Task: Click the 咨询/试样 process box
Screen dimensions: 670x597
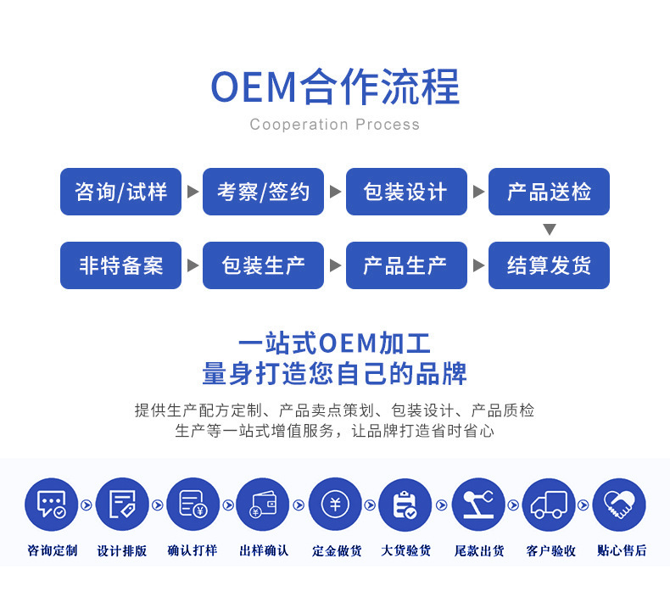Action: pyautogui.click(x=120, y=192)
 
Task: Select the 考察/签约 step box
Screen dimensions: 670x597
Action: pyautogui.click(x=264, y=192)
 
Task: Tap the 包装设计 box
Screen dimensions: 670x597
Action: pyautogui.click(x=406, y=192)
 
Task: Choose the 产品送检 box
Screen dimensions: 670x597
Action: pyautogui.click(x=549, y=192)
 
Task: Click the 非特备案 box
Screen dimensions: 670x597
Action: pyautogui.click(x=120, y=265)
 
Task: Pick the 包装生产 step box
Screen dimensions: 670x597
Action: pyautogui.click(x=264, y=265)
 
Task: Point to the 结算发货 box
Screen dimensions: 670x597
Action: pyautogui.click(x=549, y=265)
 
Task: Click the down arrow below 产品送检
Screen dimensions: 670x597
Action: pyautogui.click(x=550, y=229)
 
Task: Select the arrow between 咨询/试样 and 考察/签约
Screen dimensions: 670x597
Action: pyautogui.click(x=193, y=192)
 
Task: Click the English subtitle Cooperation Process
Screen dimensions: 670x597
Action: pyautogui.click(x=334, y=125)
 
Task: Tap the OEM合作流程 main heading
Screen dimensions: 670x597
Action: pyautogui.click(x=334, y=86)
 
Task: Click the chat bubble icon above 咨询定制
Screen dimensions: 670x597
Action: pyautogui.click(x=51, y=505)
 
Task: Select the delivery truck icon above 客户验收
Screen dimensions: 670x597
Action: pyautogui.click(x=549, y=505)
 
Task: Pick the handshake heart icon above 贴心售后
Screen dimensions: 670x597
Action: pyautogui.click(x=619, y=505)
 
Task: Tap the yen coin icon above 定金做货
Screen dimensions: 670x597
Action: pyautogui.click(x=335, y=505)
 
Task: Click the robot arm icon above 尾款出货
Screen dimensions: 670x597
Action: pyautogui.click(x=477, y=505)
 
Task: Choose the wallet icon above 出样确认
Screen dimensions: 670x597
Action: pyautogui.click(x=264, y=505)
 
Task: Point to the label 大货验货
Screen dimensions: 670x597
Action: pyautogui.click(x=406, y=550)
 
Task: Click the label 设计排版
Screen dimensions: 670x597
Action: pyautogui.click(x=122, y=550)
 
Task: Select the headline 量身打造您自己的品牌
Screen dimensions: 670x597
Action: pyautogui.click(x=334, y=373)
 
